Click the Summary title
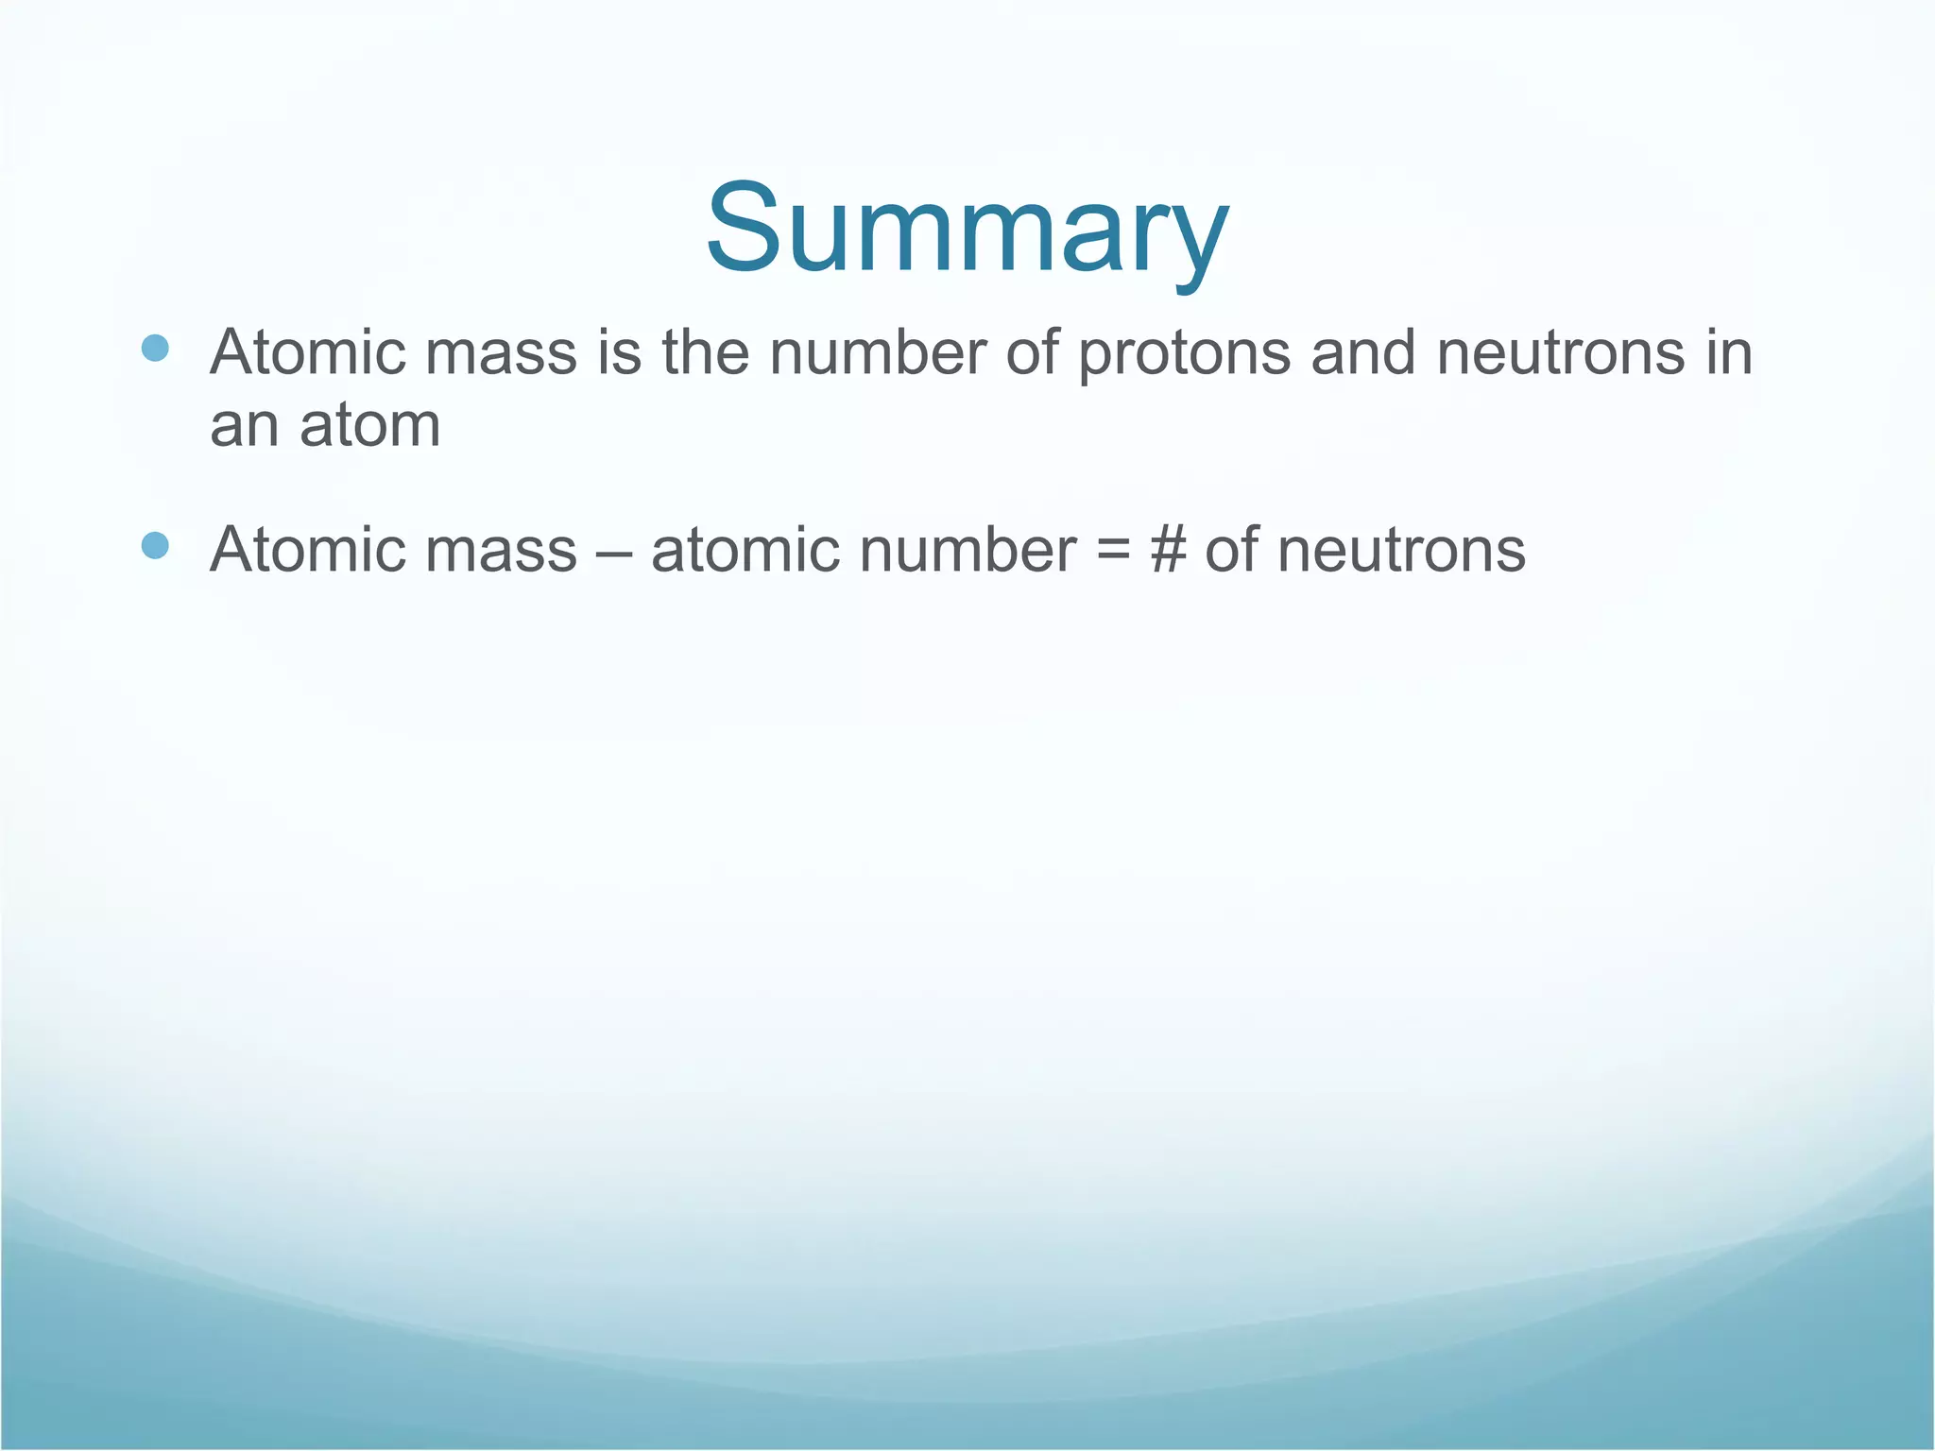[967, 230]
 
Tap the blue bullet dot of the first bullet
[155, 349]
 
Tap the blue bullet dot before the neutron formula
[155, 545]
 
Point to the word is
[620, 352]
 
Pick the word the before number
[706, 352]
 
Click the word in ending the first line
[1730, 352]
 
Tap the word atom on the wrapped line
[370, 426]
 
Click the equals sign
[1113, 550]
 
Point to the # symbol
[1168, 549]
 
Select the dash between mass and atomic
[614, 550]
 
